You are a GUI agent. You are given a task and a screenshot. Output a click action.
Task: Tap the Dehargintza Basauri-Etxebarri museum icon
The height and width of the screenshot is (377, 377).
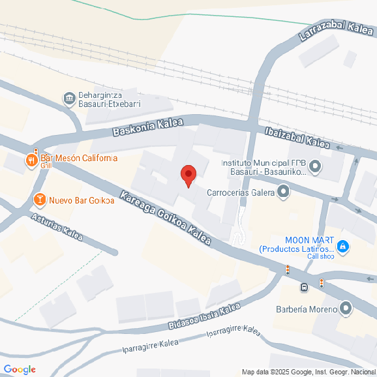(x=68, y=98)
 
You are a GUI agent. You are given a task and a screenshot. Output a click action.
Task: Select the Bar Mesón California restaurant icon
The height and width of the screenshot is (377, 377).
(x=31, y=159)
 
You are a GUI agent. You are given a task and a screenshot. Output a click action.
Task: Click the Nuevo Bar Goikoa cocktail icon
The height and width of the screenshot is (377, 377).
(x=39, y=200)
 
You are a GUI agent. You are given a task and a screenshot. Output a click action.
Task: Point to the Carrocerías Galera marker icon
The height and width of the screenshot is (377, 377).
(x=283, y=192)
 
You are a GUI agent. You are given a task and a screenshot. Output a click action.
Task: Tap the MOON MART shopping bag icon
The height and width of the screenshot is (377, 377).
(x=343, y=247)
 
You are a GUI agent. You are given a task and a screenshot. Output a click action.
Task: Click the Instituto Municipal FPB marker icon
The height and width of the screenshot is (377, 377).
(x=315, y=167)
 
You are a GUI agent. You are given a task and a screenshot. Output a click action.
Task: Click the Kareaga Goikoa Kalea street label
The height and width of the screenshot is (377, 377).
(x=166, y=218)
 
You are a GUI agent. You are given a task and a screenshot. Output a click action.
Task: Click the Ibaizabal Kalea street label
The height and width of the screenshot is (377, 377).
(x=297, y=137)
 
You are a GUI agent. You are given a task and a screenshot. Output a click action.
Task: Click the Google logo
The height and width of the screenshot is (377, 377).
(x=19, y=370)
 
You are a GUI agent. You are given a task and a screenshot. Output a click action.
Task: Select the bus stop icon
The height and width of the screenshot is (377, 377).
(x=305, y=287)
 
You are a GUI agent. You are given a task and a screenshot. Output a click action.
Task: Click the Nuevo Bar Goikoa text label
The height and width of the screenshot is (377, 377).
(x=82, y=200)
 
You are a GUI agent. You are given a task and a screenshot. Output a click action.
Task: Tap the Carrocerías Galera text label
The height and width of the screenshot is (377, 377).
(x=240, y=192)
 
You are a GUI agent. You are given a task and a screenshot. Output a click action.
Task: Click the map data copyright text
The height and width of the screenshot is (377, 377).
(x=309, y=372)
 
